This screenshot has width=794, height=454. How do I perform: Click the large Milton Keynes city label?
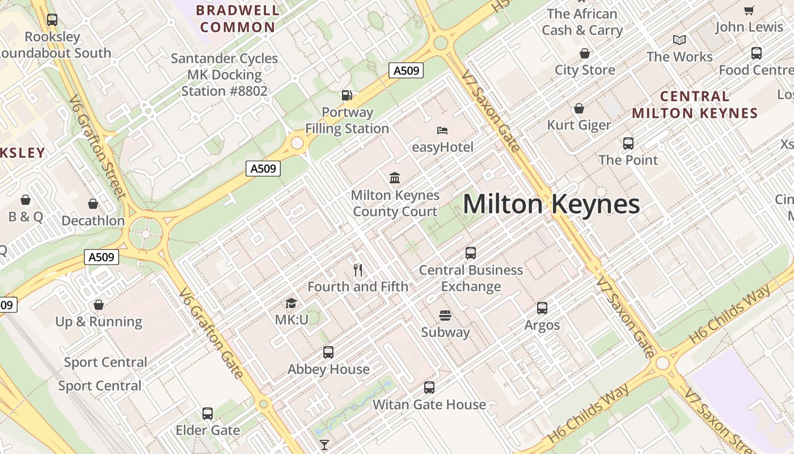[x=551, y=204]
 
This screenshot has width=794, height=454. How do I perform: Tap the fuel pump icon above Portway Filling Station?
[x=347, y=95]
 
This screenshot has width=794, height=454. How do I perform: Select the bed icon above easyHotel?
[x=442, y=131]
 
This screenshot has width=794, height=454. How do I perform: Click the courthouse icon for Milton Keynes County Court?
[x=395, y=178]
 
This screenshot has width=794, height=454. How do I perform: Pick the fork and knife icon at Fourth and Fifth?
[x=358, y=270]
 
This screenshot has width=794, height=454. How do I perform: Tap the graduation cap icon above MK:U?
[x=291, y=304]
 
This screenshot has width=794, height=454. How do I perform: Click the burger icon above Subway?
[x=445, y=316]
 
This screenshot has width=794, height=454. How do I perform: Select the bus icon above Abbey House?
[x=328, y=352]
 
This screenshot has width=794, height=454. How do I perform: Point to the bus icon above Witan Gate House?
[x=429, y=388]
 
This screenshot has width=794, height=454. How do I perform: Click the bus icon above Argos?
[x=542, y=308]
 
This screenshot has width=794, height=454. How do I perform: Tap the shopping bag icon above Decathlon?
[x=93, y=204]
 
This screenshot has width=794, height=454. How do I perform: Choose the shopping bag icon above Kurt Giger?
[x=579, y=108]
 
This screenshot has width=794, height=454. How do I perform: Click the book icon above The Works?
[x=679, y=40]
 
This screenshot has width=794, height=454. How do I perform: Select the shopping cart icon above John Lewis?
[x=749, y=10]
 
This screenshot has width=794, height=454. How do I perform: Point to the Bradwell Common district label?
[x=238, y=19]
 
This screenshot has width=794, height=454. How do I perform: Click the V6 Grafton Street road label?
[x=97, y=147]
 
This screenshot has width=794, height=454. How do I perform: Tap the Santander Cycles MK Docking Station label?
[x=225, y=74]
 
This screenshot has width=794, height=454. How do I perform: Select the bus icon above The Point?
[x=628, y=144]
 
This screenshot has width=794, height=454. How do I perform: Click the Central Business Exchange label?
[x=471, y=278]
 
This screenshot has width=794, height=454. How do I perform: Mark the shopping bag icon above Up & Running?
[x=99, y=305]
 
